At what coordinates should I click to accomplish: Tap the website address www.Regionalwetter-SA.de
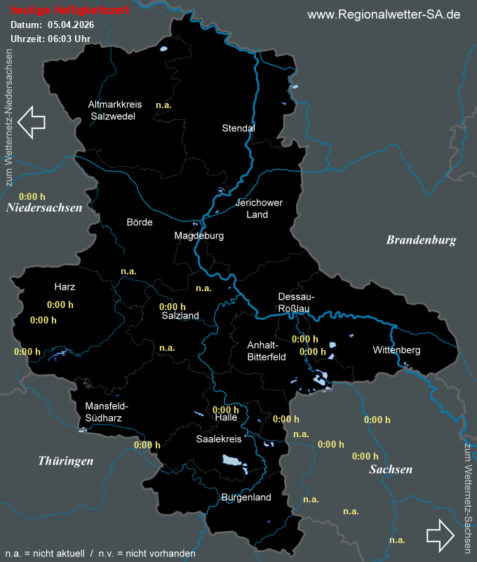point(384,15)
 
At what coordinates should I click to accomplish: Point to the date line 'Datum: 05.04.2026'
point(52,25)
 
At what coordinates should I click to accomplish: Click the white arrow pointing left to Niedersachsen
point(32,121)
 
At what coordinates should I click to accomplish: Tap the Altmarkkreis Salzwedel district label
point(115,110)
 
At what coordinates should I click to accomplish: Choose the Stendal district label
point(238,128)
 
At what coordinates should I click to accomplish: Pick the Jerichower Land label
point(259,208)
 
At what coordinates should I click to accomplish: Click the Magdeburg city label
point(199,236)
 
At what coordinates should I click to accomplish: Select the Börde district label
point(139,222)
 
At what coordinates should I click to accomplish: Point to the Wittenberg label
point(396,349)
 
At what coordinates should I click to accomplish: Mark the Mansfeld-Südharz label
point(107,412)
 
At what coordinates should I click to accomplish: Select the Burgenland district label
point(246,497)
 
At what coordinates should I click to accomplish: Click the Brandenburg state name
point(421,240)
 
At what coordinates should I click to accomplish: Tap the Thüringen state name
point(66,461)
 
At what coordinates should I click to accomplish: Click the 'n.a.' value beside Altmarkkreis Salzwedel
point(163,105)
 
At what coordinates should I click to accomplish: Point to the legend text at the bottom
point(100,554)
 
